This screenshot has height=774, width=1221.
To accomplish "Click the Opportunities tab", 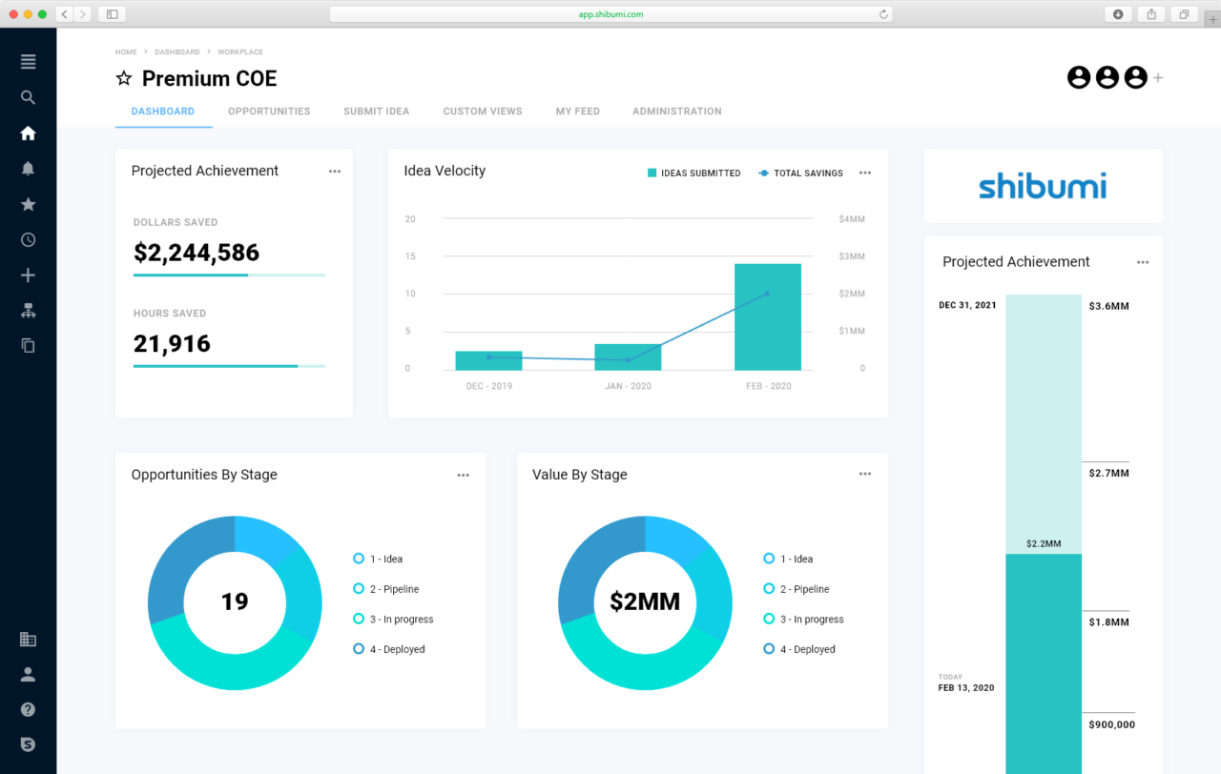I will tap(269, 112).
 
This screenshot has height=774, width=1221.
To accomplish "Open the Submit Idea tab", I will tap(376, 112).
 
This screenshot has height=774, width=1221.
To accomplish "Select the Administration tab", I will tap(676, 112).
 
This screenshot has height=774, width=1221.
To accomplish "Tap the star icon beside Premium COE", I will tap(124, 79).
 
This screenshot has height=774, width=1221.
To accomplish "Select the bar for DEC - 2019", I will tap(488, 360).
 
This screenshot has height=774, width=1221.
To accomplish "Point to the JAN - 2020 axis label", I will tap(628, 386).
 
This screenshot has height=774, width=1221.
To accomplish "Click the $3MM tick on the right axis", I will tap(851, 256).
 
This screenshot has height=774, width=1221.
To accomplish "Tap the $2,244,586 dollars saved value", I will tap(197, 253).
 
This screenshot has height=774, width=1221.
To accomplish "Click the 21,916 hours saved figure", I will tap(172, 344).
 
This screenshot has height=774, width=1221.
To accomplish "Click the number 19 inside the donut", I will tap(235, 602).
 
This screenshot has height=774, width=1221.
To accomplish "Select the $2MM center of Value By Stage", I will tap(645, 602).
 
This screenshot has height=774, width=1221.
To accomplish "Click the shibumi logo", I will tap(1043, 186).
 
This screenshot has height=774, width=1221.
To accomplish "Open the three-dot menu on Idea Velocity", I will tap(865, 173).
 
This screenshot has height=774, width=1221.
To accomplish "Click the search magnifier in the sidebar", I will tap(28, 97).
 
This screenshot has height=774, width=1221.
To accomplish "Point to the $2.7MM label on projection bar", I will tap(1108, 473).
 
